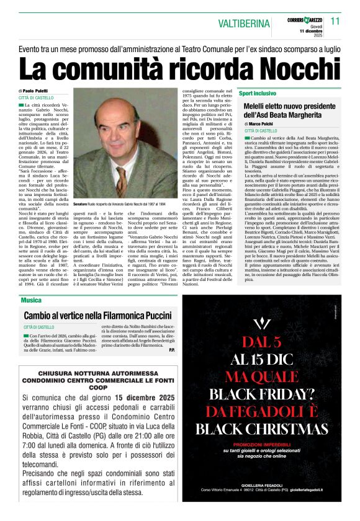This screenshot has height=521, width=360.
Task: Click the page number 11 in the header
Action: click(x=336, y=20)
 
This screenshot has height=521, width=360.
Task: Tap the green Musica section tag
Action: click(x=31, y=300)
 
